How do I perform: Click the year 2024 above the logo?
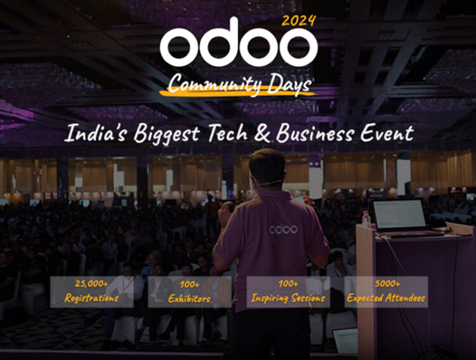tap(298, 20)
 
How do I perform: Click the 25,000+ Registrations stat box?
tap(92, 291)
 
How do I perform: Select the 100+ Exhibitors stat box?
tap(180, 291)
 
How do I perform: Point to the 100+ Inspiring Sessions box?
tap(288, 291)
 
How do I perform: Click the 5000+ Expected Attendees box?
tap(386, 291)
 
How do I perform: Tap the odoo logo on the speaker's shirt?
tap(283, 229)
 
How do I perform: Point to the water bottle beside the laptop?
tap(366, 220)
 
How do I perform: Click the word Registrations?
tap(92, 298)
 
